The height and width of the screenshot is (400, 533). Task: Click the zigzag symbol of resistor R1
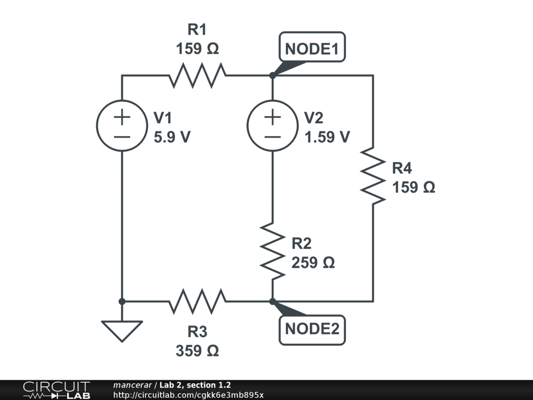197,76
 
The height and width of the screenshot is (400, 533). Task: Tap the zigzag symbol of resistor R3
197,301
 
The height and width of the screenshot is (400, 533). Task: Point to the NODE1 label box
312,49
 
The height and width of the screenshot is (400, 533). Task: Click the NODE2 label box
312,330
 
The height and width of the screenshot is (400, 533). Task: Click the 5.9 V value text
172,137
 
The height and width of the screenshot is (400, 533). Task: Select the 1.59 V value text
327,137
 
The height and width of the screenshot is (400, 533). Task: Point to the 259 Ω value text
313,262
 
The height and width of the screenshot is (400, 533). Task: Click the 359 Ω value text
197,351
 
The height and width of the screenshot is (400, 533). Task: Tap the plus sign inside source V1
122,118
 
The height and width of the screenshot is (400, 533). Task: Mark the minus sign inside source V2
272,137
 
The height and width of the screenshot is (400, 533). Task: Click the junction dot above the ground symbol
122,301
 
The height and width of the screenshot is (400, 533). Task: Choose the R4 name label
402,168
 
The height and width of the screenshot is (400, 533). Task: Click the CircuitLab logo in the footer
56,390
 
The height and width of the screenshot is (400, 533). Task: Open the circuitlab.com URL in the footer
188,395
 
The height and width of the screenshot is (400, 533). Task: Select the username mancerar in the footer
132,385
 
